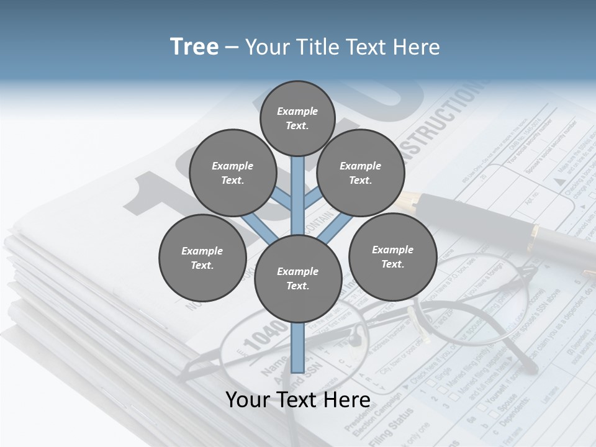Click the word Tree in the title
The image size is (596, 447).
[194, 47]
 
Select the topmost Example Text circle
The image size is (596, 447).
[297, 118]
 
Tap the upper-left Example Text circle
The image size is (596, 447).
[233, 173]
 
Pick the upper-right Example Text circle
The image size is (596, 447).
[361, 173]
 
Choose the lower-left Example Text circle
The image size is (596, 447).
[202, 258]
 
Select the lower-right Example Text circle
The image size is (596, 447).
[392, 257]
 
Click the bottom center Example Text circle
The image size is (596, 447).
[298, 279]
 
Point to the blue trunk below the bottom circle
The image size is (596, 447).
[298, 348]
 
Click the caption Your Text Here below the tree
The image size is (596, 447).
[298, 400]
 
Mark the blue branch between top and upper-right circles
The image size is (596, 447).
[314, 198]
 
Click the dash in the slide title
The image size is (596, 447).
[232, 48]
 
